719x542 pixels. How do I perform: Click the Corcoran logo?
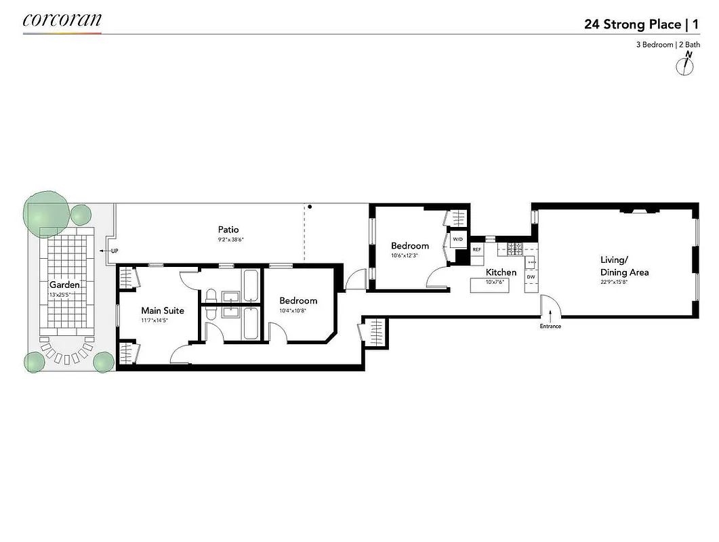(62, 20)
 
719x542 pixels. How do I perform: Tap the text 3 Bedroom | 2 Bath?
(667, 45)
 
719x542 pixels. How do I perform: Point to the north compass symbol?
(687, 64)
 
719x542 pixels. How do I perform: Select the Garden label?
(64, 285)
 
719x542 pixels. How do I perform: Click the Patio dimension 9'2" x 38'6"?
(228, 240)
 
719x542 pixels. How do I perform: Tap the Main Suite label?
(163, 311)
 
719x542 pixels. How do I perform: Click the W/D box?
(457, 239)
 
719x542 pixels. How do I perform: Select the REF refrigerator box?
(476, 250)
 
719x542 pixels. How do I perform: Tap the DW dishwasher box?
(531, 276)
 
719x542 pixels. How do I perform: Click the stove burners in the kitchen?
(515, 249)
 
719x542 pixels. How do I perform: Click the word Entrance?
(550, 327)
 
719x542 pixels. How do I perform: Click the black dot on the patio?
(310, 207)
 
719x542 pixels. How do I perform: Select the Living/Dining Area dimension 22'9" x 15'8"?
(624, 283)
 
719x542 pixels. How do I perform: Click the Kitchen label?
(501, 272)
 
